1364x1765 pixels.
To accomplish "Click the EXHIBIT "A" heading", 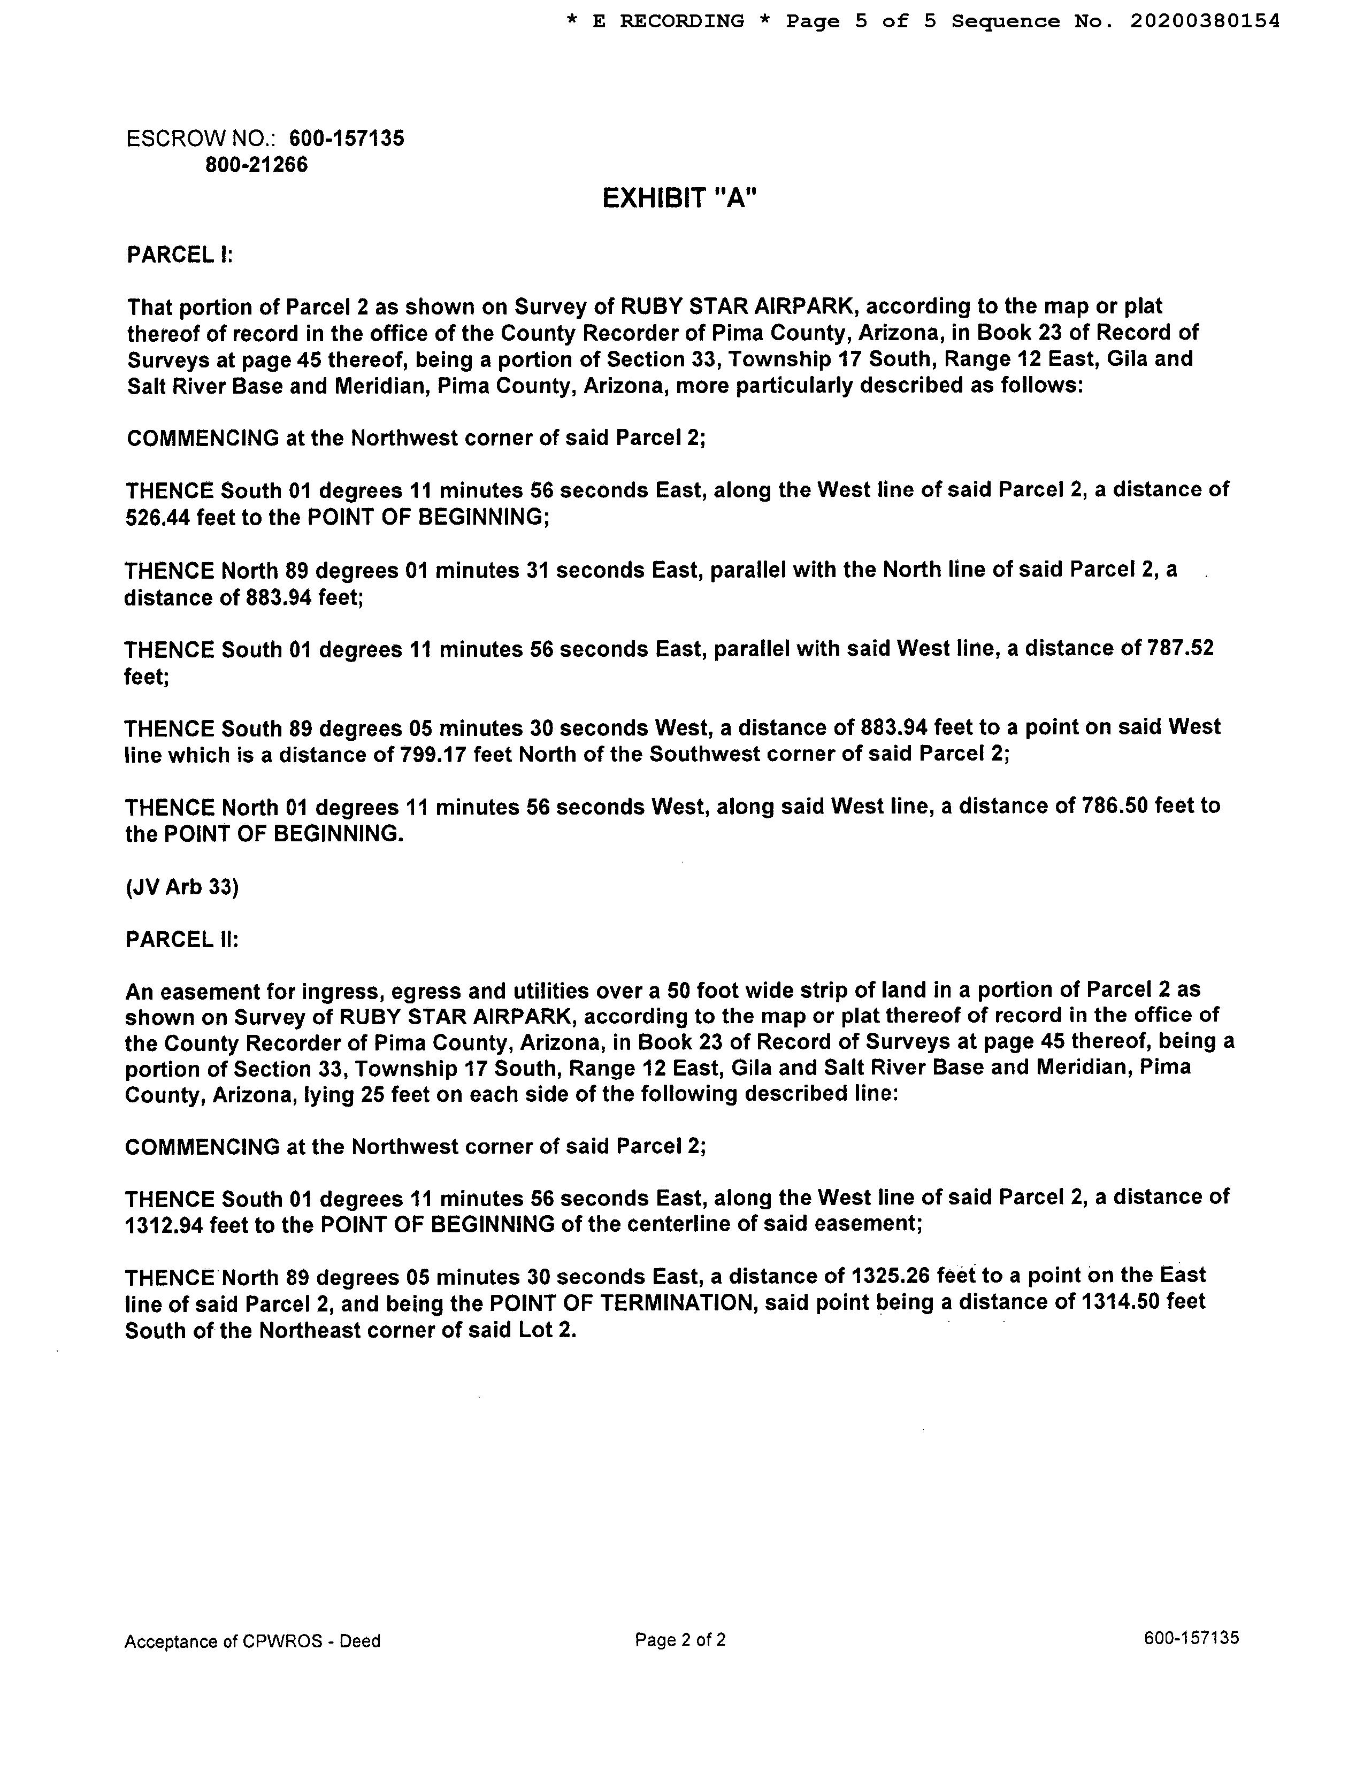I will click(679, 198).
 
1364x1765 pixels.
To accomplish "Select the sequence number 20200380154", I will click(1204, 22).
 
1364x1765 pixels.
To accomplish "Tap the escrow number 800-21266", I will click(256, 165).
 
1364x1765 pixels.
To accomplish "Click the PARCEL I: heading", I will click(179, 255).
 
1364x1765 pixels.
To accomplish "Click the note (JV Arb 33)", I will click(182, 887).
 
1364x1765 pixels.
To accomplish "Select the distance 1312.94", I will click(164, 1224).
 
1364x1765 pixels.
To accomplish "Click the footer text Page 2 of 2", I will click(679, 1640).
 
